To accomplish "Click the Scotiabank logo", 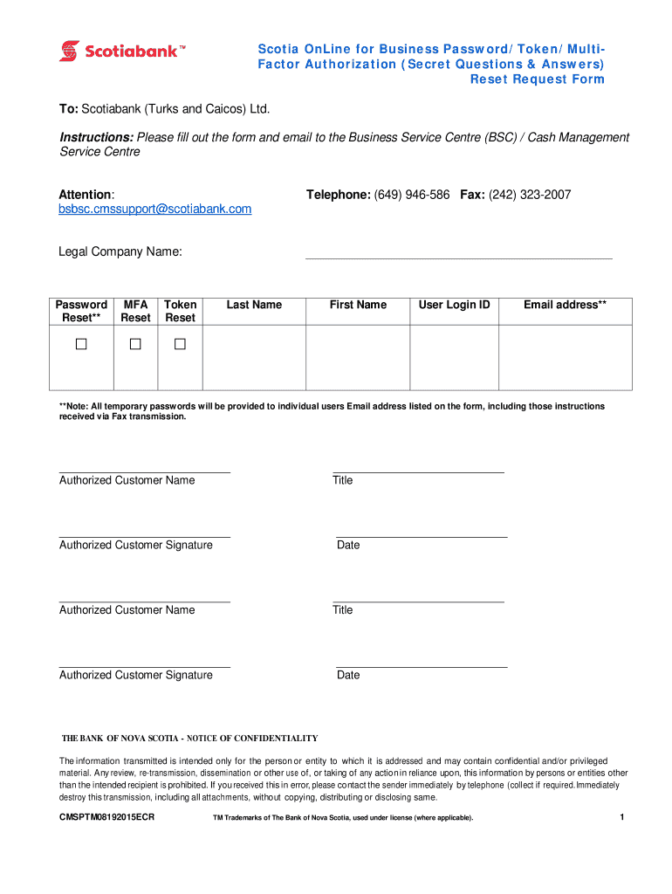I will point(122,52).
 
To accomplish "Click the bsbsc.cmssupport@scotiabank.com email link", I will point(155,209).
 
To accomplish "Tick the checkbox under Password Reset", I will point(81,345).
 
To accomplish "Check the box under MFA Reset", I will point(135,345).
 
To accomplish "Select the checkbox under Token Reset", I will point(180,345).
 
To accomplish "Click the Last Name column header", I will point(254,305).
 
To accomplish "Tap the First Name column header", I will point(358,305).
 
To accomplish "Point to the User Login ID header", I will point(455,305).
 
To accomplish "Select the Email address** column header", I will point(565,305).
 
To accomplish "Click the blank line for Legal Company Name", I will point(458,253).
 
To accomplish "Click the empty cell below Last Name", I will point(254,357).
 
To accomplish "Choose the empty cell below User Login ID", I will point(455,357).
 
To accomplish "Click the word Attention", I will point(86,194).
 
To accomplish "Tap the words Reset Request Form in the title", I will point(537,79).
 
